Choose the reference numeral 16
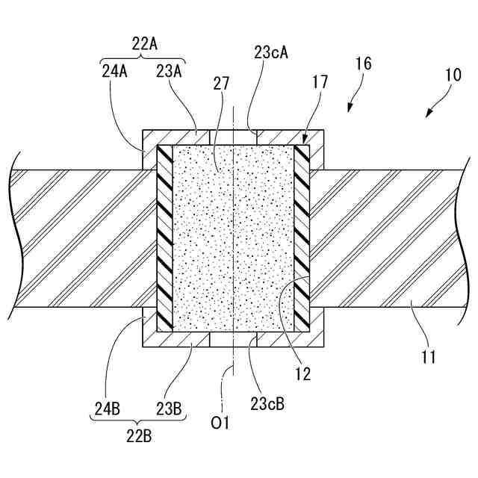(x=364, y=64)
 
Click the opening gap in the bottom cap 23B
(x=234, y=340)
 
